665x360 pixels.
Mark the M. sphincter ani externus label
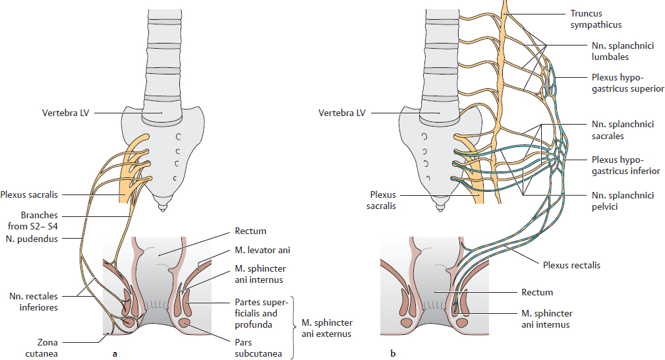(327, 328)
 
